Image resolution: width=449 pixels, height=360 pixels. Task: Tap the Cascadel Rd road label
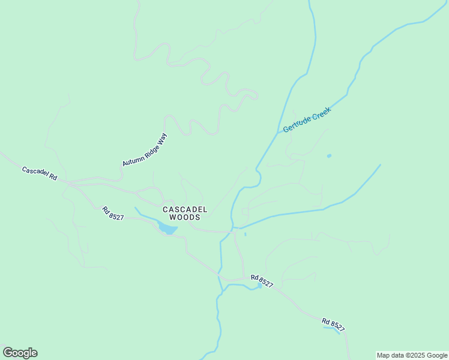[39, 174]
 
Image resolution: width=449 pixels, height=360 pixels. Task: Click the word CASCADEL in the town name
[185, 209]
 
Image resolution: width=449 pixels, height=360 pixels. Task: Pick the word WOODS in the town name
[185, 217]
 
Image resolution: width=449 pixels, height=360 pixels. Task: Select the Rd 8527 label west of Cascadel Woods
[112, 213]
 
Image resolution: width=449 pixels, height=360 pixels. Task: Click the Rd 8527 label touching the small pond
[262, 281]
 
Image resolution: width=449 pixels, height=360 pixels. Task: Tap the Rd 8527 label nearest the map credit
[333, 324]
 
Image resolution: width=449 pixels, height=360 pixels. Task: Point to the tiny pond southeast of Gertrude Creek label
[328, 156]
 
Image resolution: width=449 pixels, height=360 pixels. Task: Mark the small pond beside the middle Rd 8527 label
[259, 286]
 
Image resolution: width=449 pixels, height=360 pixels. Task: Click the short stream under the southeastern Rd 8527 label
[331, 328]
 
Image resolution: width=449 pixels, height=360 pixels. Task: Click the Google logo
[20, 353]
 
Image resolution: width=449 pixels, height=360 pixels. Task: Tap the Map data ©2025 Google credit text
[412, 355]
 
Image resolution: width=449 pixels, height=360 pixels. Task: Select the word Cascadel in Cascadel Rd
[35, 172]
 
